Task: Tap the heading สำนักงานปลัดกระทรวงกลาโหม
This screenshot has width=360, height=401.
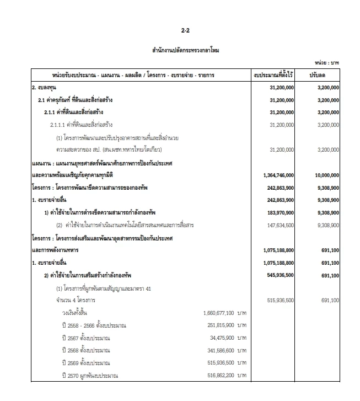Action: (x=185, y=50)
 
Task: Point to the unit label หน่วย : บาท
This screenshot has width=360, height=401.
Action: (x=327, y=63)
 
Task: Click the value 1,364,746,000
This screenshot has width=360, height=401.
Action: (x=274, y=175)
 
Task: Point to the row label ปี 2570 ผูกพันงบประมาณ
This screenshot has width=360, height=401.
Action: (x=90, y=376)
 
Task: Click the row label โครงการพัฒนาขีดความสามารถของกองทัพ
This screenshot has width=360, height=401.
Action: (x=90, y=188)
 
